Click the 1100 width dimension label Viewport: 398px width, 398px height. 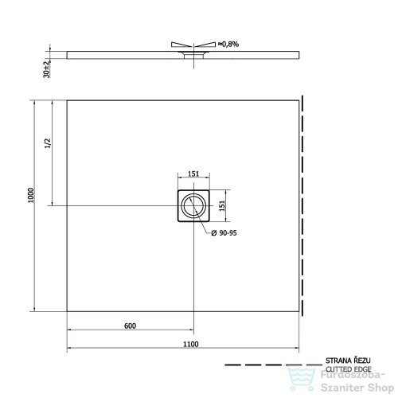[x=191, y=344]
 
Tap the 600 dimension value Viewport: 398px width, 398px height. [x=130, y=326]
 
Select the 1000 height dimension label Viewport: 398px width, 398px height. [x=31, y=195]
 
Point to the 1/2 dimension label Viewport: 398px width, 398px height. [x=48, y=143]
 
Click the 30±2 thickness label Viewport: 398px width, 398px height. [x=46, y=69]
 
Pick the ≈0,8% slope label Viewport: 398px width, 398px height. [x=228, y=44]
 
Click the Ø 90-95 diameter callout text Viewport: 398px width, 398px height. [x=224, y=233]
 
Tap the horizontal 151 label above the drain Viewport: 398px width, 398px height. [x=193, y=174]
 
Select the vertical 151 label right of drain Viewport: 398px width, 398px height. [x=222, y=205]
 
